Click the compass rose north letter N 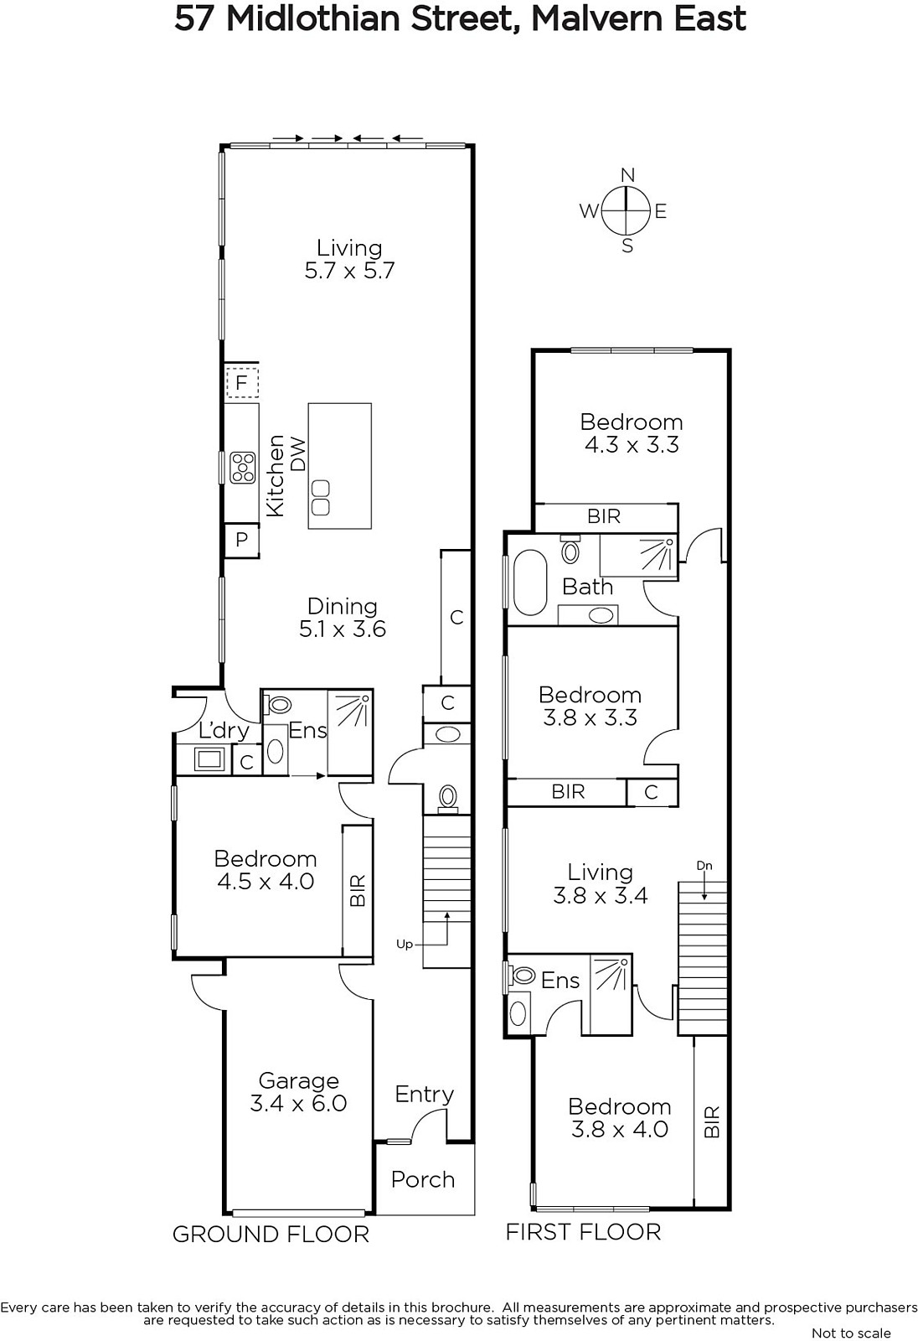coord(627,175)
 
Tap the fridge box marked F coord(242,382)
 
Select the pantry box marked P coord(241,540)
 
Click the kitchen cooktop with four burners coord(243,467)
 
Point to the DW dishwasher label coord(298,454)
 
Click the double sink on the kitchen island coord(321,497)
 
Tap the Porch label coord(423,1178)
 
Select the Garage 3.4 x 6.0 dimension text coord(299,1103)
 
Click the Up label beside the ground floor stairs coord(405,944)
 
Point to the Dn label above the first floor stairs coord(704,865)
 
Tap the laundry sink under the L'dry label coord(209,760)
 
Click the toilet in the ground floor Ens coord(277,704)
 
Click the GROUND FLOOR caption coord(271,1234)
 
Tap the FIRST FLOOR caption coord(584,1231)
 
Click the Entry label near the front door coord(425,1095)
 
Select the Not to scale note coord(851,1333)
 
